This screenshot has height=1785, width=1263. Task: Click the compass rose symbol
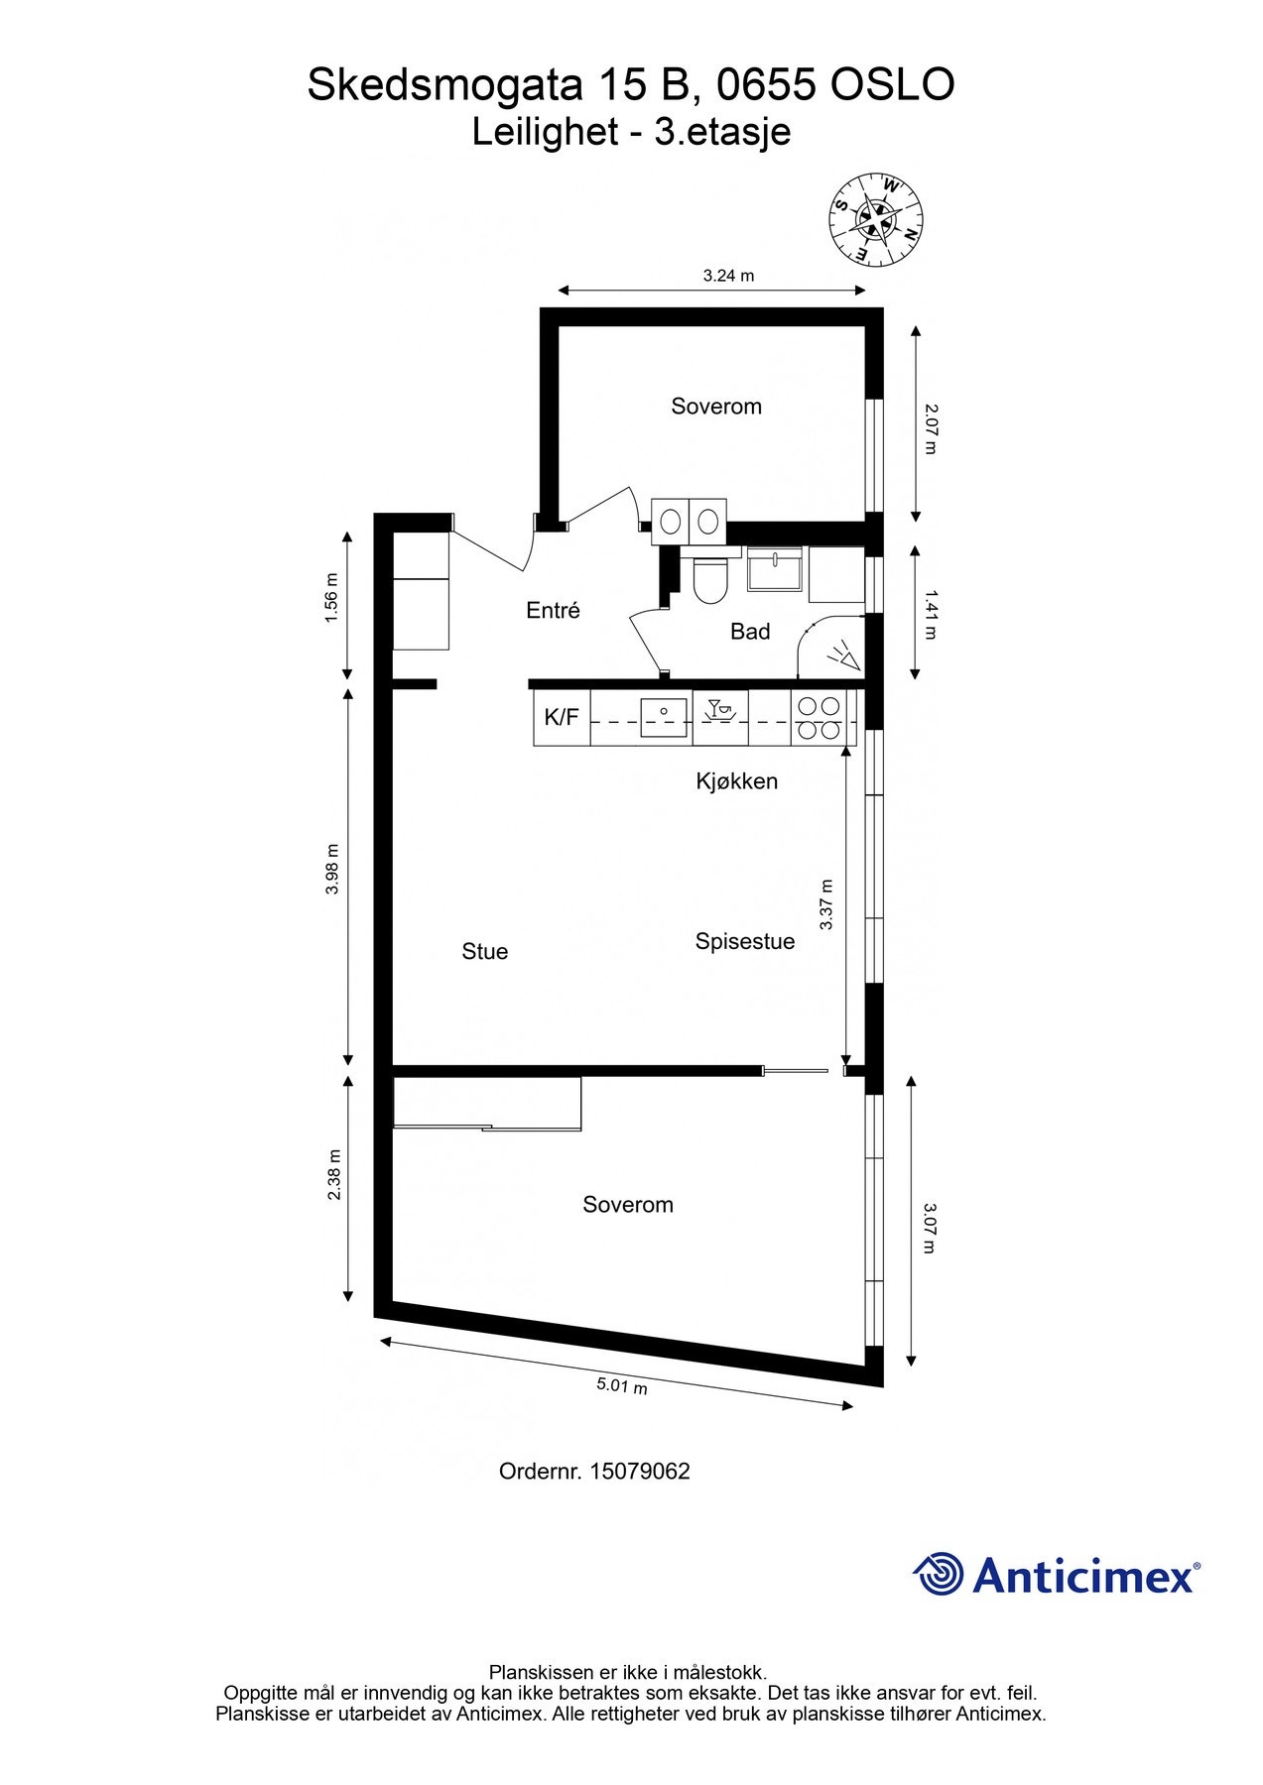[x=875, y=219]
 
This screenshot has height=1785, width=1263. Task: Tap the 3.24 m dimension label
[x=728, y=276]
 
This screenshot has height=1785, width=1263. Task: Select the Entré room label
[x=553, y=611]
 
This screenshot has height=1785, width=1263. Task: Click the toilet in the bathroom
[x=709, y=581]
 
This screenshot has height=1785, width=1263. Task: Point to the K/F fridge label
[x=562, y=717]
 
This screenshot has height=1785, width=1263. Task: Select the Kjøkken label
[x=736, y=781]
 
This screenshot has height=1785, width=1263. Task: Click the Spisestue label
[x=744, y=941]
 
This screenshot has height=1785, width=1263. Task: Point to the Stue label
[x=484, y=952]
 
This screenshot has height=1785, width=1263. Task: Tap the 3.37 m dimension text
[x=826, y=904]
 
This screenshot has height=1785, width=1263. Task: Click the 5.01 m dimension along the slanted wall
[x=621, y=1385]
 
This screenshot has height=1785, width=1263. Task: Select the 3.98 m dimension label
[x=333, y=869]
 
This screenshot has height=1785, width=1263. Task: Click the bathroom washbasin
[x=774, y=570]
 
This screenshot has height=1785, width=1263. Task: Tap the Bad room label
[x=749, y=632]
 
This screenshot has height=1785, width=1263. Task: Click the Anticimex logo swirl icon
[x=938, y=1574]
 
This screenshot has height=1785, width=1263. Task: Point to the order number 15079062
[x=639, y=1472]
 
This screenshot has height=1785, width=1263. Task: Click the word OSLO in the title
[x=892, y=85]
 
